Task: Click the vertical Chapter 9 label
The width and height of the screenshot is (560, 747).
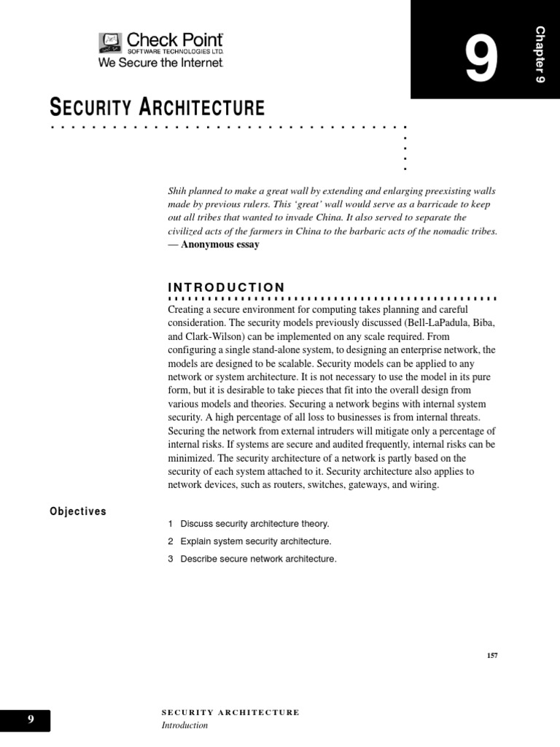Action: [540, 54]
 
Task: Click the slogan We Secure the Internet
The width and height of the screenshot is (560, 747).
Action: [160, 63]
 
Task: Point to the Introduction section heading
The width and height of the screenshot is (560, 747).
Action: [226, 287]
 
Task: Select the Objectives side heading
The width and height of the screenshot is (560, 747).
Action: [78, 511]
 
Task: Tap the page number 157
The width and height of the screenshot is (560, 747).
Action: [492, 655]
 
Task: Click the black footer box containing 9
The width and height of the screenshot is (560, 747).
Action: [26, 720]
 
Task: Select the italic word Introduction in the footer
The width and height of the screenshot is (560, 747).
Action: [184, 725]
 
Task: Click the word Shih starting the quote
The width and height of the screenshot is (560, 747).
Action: [178, 190]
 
